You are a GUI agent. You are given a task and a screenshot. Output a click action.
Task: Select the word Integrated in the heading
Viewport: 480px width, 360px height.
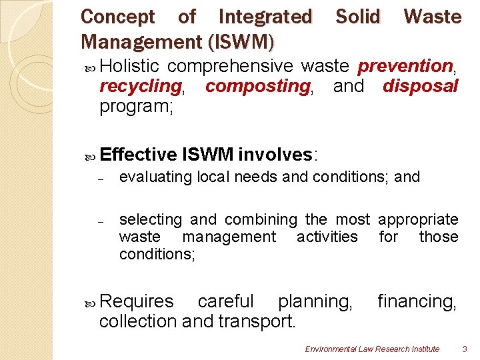click(x=265, y=17)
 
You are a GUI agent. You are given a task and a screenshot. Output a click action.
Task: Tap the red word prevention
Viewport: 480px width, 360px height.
click(x=405, y=66)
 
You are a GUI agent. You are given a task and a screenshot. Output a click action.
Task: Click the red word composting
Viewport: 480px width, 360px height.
click(x=257, y=86)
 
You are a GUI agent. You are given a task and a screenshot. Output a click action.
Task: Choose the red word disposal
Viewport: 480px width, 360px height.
click(x=421, y=86)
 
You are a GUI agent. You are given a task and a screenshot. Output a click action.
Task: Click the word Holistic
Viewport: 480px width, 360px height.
click(x=130, y=66)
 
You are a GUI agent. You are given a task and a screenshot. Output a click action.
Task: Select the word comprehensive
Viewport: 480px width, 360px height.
click(x=230, y=66)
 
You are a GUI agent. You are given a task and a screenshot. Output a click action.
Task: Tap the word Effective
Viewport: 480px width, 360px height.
click(x=138, y=155)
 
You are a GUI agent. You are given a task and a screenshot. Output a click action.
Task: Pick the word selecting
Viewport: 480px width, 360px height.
click(x=150, y=219)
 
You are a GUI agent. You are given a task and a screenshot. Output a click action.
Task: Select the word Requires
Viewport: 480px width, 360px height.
click(x=137, y=302)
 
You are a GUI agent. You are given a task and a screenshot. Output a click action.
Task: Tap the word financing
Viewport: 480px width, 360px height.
click(x=417, y=302)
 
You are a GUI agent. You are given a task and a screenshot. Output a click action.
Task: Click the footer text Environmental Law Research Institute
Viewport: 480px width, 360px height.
click(x=372, y=349)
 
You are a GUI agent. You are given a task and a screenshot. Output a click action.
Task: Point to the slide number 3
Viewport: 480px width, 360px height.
click(x=465, y=349)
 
